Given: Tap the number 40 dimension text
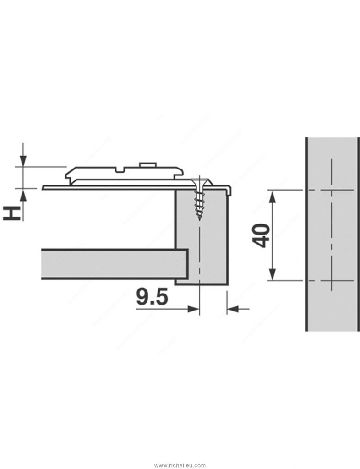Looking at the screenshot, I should pos(261,235).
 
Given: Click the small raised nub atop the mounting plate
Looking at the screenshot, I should pos(147,163).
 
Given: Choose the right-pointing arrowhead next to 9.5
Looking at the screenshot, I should pos(195,310).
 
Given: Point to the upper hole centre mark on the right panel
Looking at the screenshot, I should pos(331,190).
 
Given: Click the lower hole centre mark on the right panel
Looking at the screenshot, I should pos(331,280).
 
